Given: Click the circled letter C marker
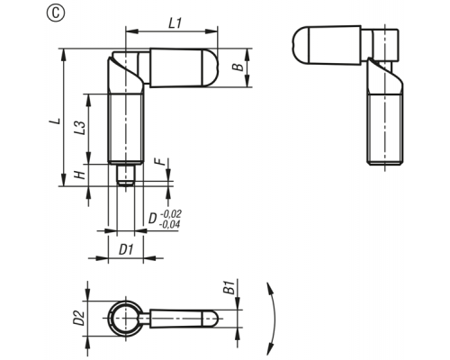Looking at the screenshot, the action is pos(56,13).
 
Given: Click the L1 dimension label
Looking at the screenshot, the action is pos(175,23).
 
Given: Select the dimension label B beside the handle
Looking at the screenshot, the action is pos(238,67).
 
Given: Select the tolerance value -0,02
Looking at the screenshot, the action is pos(171,214).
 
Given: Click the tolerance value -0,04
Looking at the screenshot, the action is pos(169,224).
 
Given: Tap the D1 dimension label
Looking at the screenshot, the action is pos(126,249).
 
